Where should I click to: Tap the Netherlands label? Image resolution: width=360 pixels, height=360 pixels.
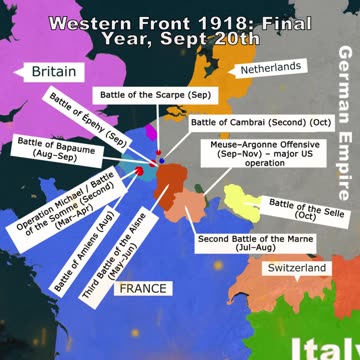pos(270,67)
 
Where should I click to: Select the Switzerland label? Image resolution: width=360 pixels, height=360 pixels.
pos(296,269)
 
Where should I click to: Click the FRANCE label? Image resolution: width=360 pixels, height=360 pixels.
pos(142,288)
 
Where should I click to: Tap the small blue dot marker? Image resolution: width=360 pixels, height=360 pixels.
pos(159,161)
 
